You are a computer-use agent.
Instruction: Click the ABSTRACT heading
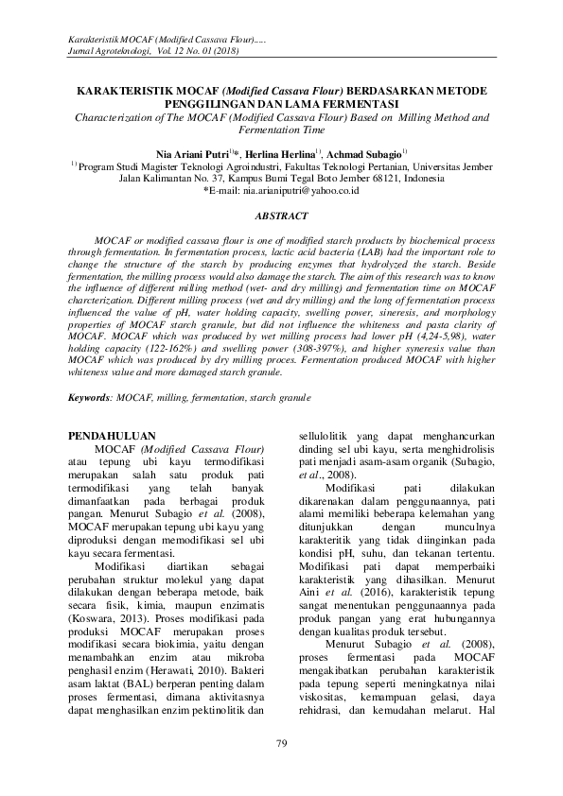[x=281, y=216]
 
